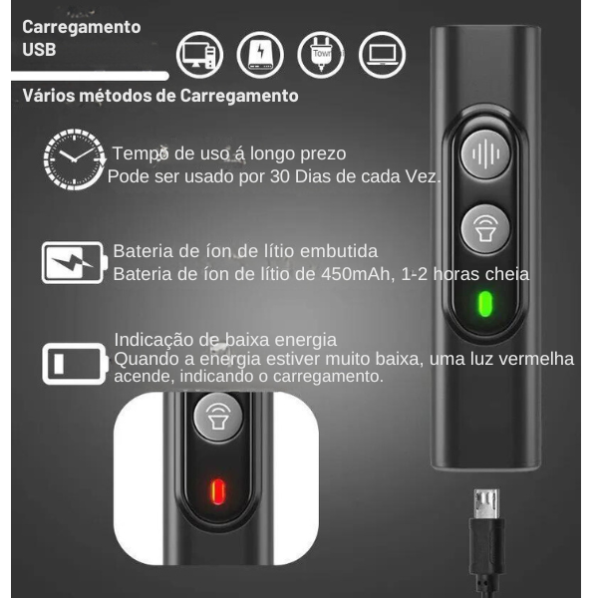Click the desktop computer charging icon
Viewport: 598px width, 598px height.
click(x=199, y=55)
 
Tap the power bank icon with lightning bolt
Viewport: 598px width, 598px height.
click(x=260, y=55)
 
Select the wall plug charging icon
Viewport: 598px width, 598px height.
click(x=321, y=55)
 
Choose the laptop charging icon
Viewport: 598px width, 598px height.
click(x=382, y=55)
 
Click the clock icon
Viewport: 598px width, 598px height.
click(x=74, y=159)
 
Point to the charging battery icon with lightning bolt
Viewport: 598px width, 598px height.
click(x=74, y=262)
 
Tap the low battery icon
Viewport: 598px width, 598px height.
click(x=75, y=364)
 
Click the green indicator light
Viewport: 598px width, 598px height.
click(x=485, y=304)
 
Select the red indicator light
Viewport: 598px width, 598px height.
click(x=217, y=491)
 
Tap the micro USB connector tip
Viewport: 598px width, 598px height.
click(x=486, y=503)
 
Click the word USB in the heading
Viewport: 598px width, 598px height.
click(x=39, y=50)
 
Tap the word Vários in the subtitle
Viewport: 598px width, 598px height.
click(x=49, y=96)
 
